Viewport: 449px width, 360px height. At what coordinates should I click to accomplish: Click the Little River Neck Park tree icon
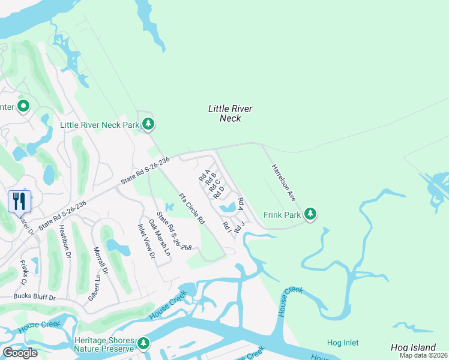pyautogui.click(x=148, y=125)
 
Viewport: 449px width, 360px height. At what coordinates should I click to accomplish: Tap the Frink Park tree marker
pyautogui.click(x=310, y=214)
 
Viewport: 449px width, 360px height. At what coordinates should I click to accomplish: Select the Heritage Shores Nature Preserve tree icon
pyautogui.click(x=143, y=344)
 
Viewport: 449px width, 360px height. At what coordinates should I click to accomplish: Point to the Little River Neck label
pyautogui.click(x=230, y=113)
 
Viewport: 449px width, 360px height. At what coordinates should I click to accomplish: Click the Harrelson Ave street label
pyautogui.click(x=283, y=182)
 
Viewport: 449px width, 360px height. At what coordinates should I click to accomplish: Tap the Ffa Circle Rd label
pyautogui.click(x=192, y=209)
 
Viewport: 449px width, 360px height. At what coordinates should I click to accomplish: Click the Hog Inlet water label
pyautogui.click(x=343, y=343)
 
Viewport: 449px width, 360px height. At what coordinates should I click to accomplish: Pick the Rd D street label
pyautogui.click(x=218, y=192)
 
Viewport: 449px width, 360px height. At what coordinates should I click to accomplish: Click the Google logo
pyautogui.click(x=20, y=353)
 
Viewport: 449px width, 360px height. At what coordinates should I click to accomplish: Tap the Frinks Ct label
pyautogui.click(x=23, y=272)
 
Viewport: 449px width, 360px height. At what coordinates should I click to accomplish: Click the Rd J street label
pyautogui.click(x=240, y=228)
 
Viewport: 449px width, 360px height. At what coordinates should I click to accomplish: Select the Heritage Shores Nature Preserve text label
pyautogui.click(x=104, y=344)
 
